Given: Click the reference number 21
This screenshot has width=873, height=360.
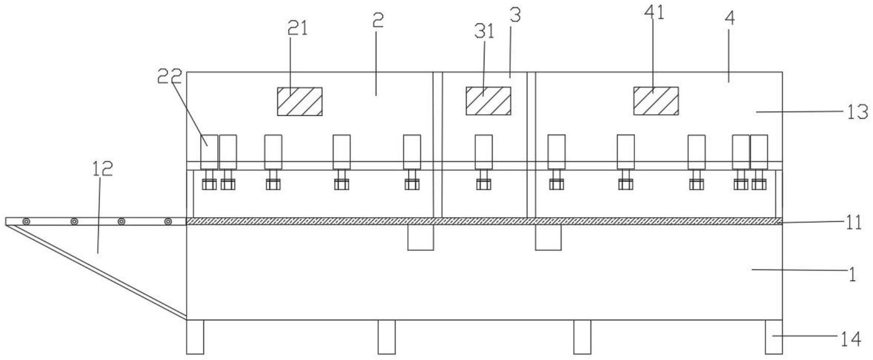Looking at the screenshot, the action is pos(298,29).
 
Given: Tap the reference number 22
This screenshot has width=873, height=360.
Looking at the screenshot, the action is pos(169,76).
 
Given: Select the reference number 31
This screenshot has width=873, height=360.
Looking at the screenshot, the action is pos(484,32).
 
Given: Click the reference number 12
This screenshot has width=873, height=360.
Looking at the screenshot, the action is pos(102,169).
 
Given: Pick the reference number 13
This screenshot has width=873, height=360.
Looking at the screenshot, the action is pos(858,112).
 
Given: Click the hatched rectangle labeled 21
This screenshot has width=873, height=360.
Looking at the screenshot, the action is pos(299,101).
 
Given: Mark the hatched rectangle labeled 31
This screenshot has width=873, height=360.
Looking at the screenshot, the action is pos(488,101).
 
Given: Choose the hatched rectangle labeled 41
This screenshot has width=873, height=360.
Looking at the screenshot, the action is pos(656,101).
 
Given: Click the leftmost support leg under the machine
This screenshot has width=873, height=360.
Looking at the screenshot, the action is pos(195,337).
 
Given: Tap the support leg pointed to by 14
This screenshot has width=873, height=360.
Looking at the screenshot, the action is pos(773,337).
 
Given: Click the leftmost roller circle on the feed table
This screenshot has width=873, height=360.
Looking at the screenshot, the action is pos(26,221).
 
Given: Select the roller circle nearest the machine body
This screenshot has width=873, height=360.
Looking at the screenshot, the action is pos(168,221).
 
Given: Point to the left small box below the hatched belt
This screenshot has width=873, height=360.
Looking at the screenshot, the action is pos(421,237).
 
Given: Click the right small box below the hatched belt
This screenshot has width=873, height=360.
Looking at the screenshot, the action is pos(548,237).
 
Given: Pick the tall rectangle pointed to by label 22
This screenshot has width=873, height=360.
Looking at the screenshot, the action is pos(209,151).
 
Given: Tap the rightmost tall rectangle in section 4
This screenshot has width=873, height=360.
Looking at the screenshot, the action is pos(759,151).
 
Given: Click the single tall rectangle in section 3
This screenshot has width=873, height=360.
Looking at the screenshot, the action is pos(483,151).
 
